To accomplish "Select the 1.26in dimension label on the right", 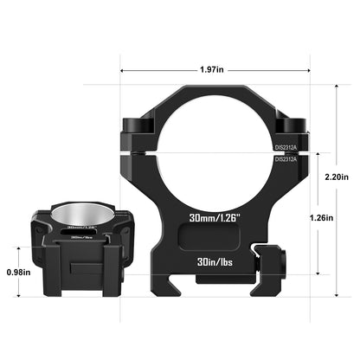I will pos(320,218).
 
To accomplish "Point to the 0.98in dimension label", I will pos(16,272).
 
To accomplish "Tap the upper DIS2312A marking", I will pos(286,147).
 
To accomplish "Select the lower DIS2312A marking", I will pos(286,159).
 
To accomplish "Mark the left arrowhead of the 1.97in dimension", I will pos(123,70).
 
